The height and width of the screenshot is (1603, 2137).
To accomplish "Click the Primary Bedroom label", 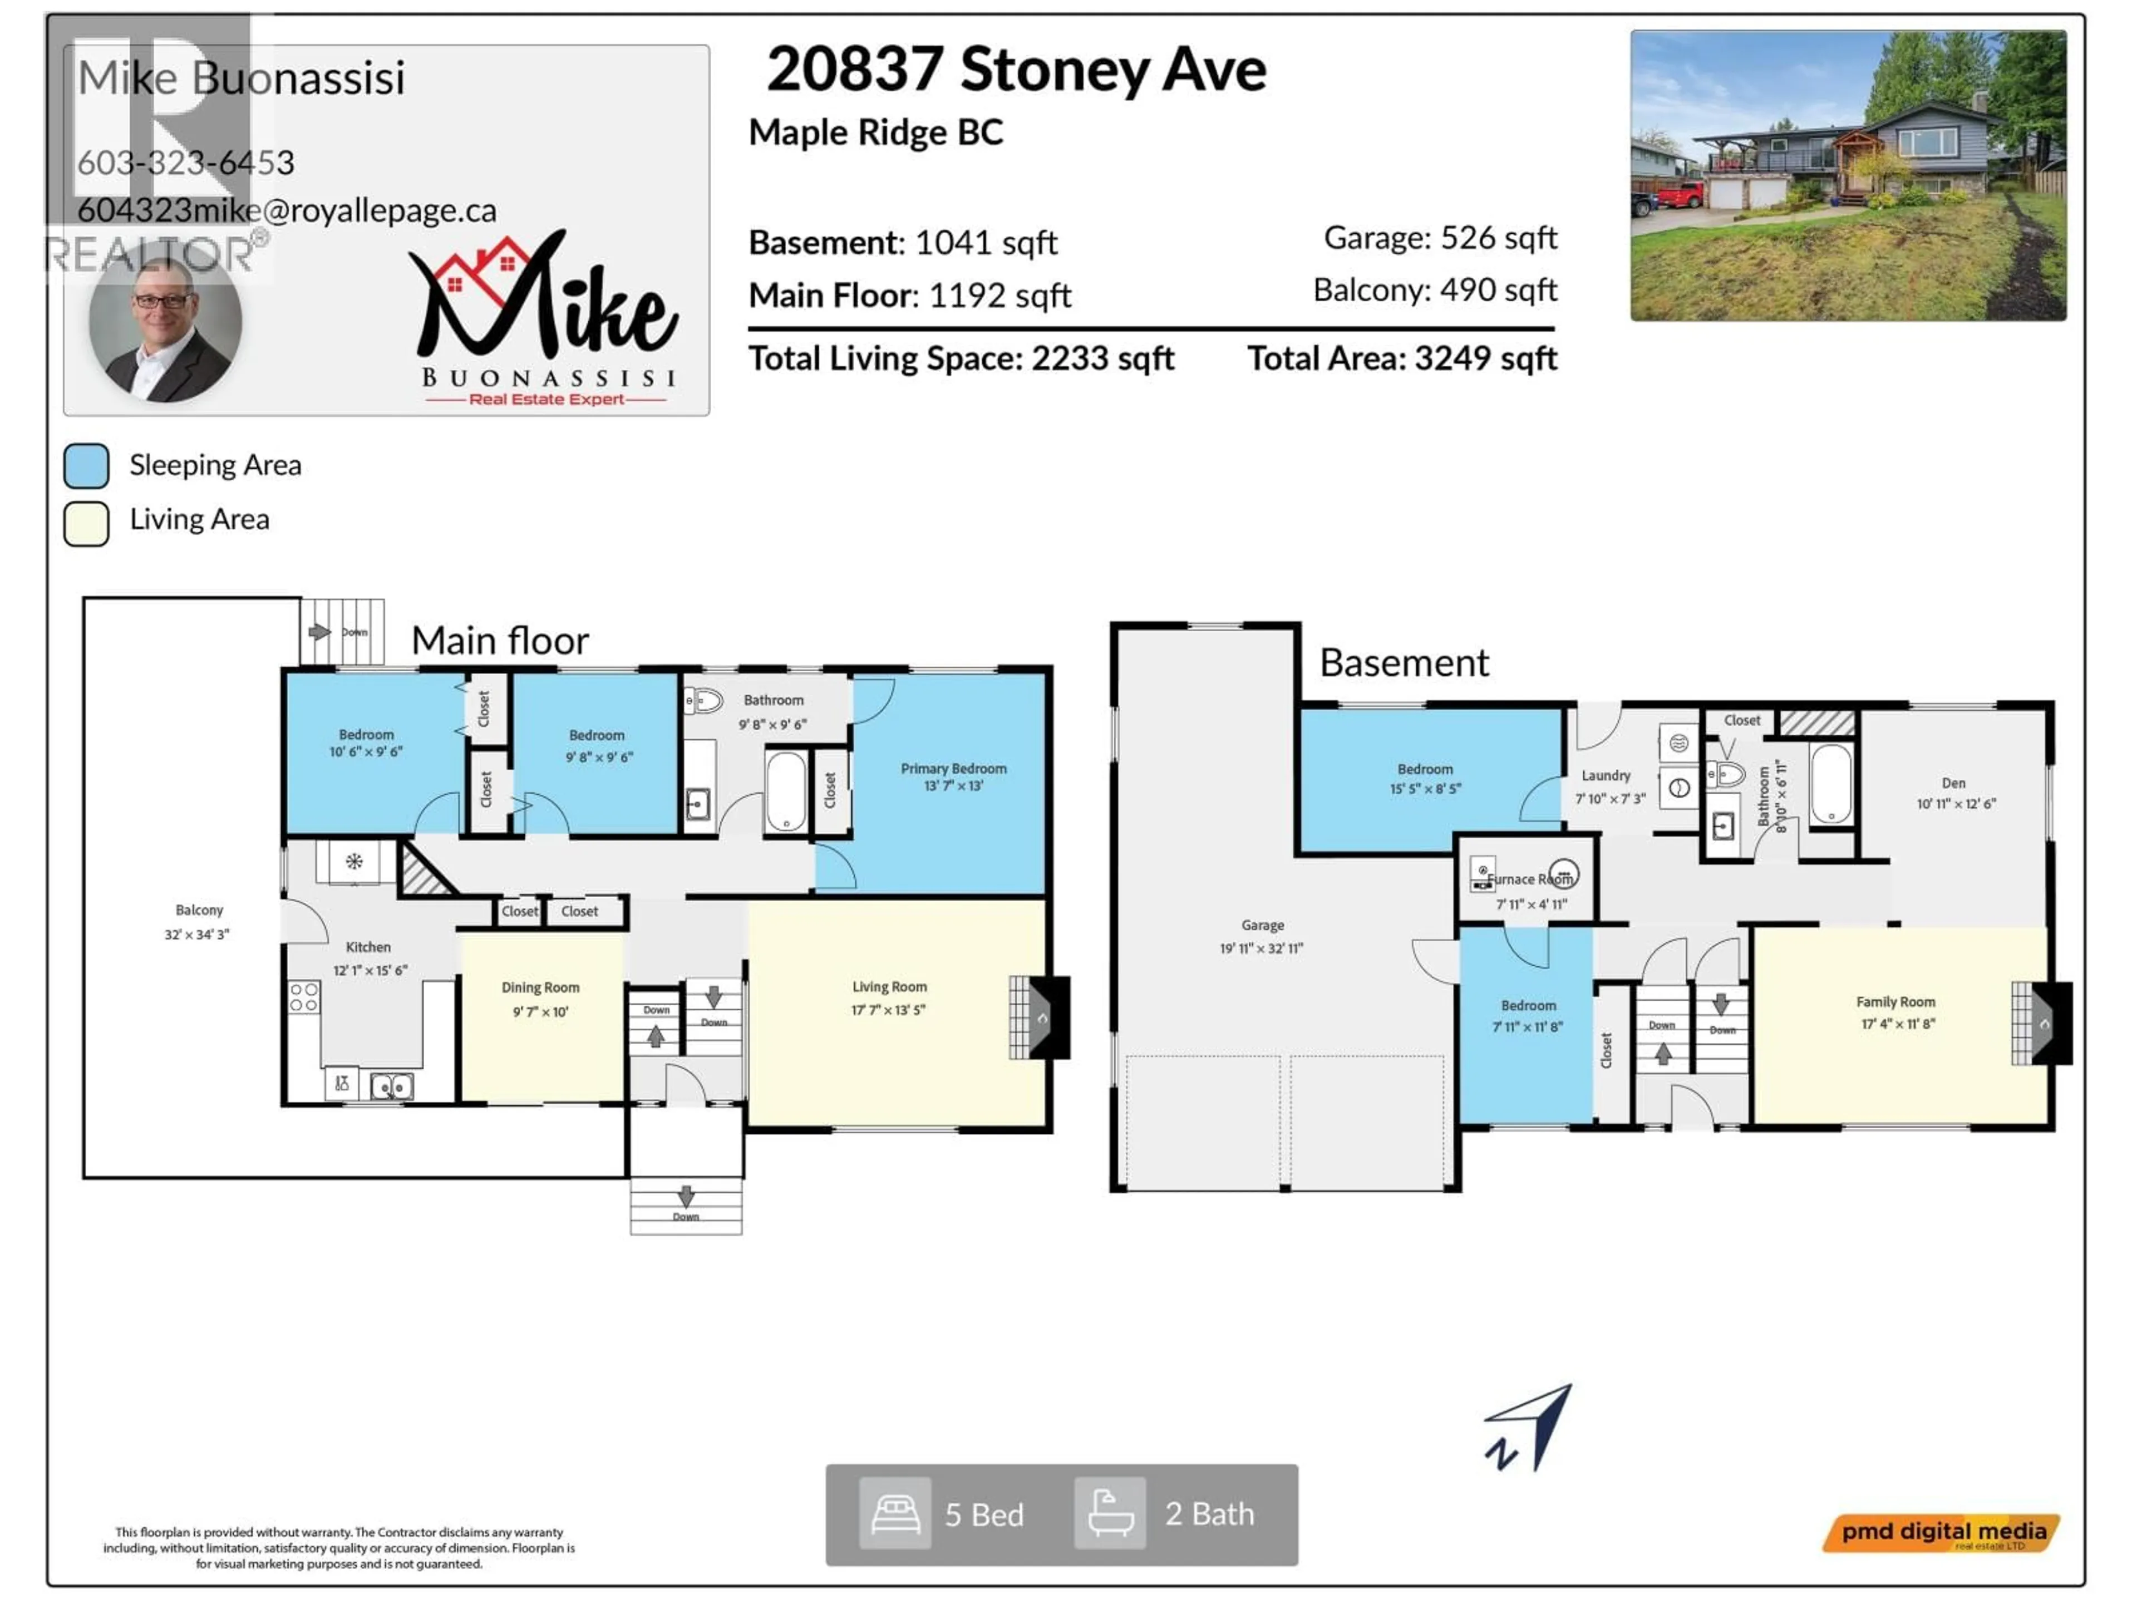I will tap(953, 768).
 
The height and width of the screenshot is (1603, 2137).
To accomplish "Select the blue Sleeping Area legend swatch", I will tap(86, 466).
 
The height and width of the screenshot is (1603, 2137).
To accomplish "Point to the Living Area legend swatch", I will tap(86, 523).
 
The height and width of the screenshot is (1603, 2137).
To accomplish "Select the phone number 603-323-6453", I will tap(185, 163).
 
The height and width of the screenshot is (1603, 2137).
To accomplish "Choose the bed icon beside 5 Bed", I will tap(895, 1513).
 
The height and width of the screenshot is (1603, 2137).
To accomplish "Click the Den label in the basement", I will tap(1952, 783).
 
